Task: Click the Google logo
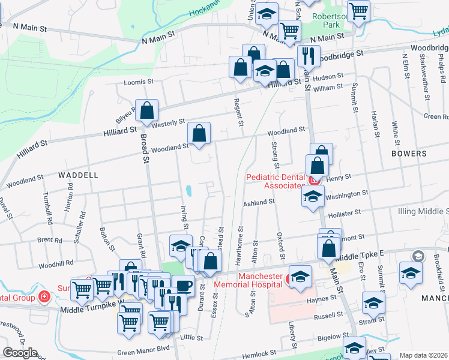20,353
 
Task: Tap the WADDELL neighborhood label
78,175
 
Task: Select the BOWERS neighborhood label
408,154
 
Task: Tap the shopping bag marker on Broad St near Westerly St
146,110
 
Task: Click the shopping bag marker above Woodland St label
199,133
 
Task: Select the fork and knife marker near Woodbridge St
309,56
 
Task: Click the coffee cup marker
183,286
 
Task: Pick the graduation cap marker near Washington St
313,196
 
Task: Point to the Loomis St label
139,83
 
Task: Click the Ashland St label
259,203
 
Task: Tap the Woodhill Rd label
55,263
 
